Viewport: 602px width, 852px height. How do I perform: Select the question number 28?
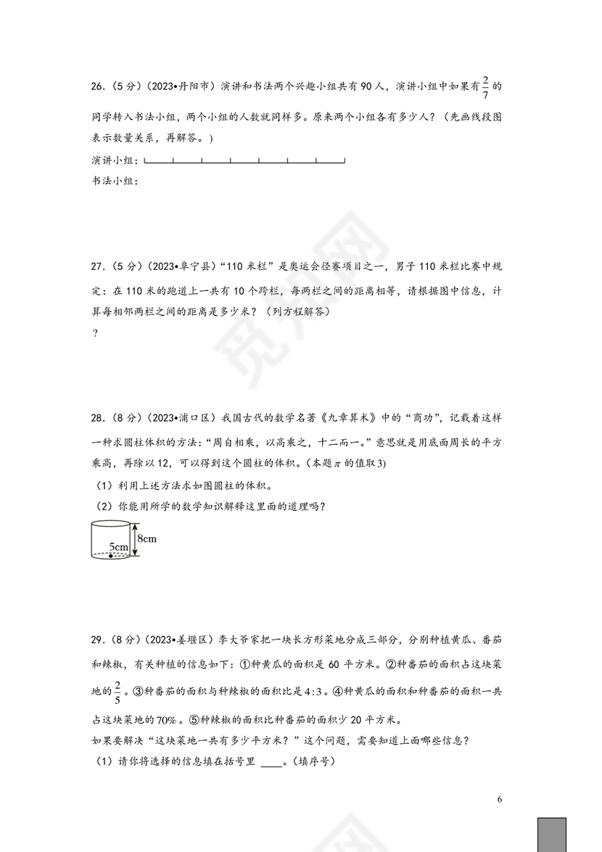[x=98, y=418]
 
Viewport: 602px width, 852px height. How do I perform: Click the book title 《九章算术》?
[x=337, y=418]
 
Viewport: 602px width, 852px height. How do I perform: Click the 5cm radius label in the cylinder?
[x=118, y=546]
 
